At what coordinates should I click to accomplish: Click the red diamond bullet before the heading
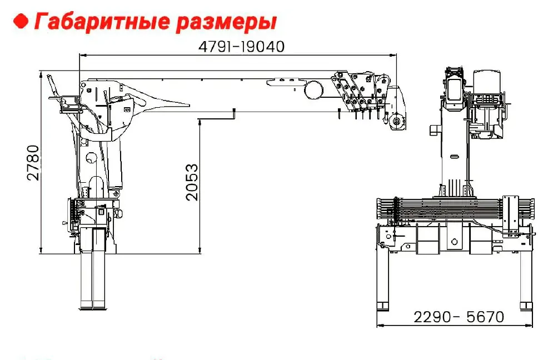coord(21,21)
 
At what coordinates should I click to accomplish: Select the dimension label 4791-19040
coord(241,47)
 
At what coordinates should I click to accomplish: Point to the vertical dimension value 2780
coord(33,163)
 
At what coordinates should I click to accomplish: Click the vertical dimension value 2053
coord(192,182)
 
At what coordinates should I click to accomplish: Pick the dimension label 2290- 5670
coord(459,317)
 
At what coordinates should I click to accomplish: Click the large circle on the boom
coord(313,89)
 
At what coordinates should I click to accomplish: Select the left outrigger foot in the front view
coord(383,306)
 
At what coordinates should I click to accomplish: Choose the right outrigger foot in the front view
coord(526,306)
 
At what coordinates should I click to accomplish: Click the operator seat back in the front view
coord(487,81)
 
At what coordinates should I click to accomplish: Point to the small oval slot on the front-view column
coord(455,156)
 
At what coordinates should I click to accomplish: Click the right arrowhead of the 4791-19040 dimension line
coord(393,55)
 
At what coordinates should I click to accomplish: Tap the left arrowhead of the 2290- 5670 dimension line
coord(380,325)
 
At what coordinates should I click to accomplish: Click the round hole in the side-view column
coord(91,157)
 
